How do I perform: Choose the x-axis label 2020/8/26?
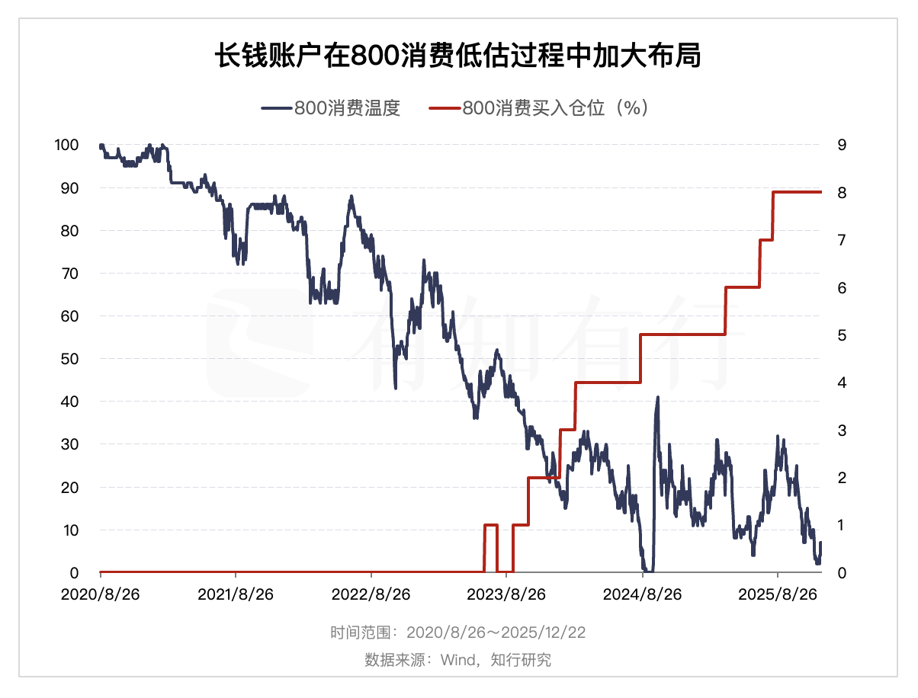(100, 594)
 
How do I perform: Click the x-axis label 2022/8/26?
(371, 594)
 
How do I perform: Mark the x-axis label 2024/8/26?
(642, 594)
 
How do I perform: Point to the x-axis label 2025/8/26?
(777, 594)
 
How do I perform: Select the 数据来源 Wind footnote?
(457, 659)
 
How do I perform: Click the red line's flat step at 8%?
(798, 192)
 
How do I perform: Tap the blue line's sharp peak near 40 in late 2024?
(657, 398)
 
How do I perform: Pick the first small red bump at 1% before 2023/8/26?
(491, 525)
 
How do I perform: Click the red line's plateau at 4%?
(608, 383)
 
